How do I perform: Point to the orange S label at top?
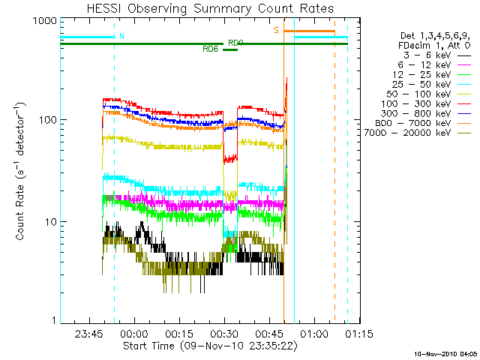pos(276,30)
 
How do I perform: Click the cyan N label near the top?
pos(122,36)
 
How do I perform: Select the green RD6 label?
pos(210,49)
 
